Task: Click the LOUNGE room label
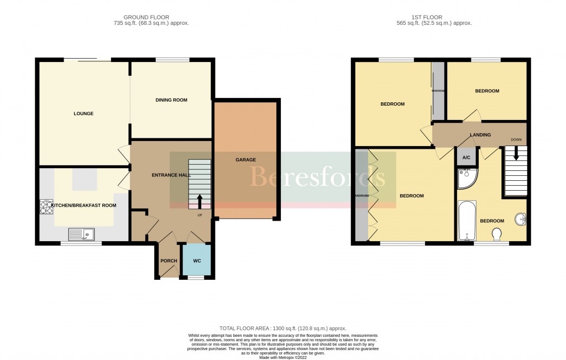click(x=83, y=114)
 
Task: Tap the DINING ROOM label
click(x=171, y=100)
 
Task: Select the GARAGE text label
click(x=245, y=160)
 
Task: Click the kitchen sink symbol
click(x=82, y=234)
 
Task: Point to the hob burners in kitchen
click(x=46, y=206)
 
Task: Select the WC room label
click(x=197, y=261)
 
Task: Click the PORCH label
click(x=169, y=261)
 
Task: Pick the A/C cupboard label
click(x=466, y=158)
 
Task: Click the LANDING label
click(x=480, y=135)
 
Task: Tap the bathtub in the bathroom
click(x=467, y=221)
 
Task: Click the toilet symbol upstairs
click(x=496, y=234)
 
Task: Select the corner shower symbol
click(x=467, y=178)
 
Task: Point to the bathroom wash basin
click(x=520, y=220)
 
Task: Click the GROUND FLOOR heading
click(x=146, y=17)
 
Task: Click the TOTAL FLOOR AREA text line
click(x=282, y=328)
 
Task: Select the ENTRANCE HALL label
click(x=171, y=175)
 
